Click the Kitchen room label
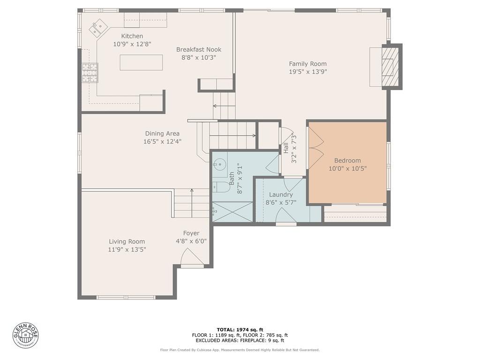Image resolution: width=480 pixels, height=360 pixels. pyautogui.click(x=132, y=36)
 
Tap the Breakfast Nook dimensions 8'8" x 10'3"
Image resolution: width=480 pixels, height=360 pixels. pyautogui.click(x=198, y=58)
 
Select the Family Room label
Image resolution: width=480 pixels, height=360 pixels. pyautogui.click(x=307, y=64)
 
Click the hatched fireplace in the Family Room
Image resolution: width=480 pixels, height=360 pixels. pyautogui.click(x=390, y=66)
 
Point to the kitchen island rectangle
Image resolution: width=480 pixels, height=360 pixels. pyautogui.click(x=141, y=62)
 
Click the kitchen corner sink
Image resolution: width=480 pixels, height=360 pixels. pyautogui.click(x=98, y=28)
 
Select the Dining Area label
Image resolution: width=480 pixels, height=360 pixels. pyautogui.click(x=162, y=134)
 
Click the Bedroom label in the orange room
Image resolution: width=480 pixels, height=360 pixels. pyautogui.click(x=347, y=160)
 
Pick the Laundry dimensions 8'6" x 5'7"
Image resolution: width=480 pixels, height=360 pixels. pyautogui.click(x=281, y=202)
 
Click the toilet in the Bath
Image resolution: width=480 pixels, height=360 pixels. pyautogui.click(x=222, y=188)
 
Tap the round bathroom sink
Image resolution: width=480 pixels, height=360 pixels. pyautogui.click(x=219, y=164)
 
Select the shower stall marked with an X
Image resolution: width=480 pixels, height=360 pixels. pyautogui.click(x=232, y=211)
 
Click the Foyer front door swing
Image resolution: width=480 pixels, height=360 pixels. pyautogui.click(x=191, y=258)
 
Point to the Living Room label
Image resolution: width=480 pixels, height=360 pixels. pyautogui.click(x=127, y=242)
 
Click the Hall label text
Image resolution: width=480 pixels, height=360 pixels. pyautogui.click(x=285, y=148)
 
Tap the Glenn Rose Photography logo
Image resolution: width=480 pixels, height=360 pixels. pyautogui.click(x=26, y=335)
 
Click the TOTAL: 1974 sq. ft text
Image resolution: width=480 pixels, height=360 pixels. pyautogui.click(x=240, y=330)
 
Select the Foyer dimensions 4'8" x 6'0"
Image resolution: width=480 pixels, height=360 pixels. pyautogui.click(x=191, y=241)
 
